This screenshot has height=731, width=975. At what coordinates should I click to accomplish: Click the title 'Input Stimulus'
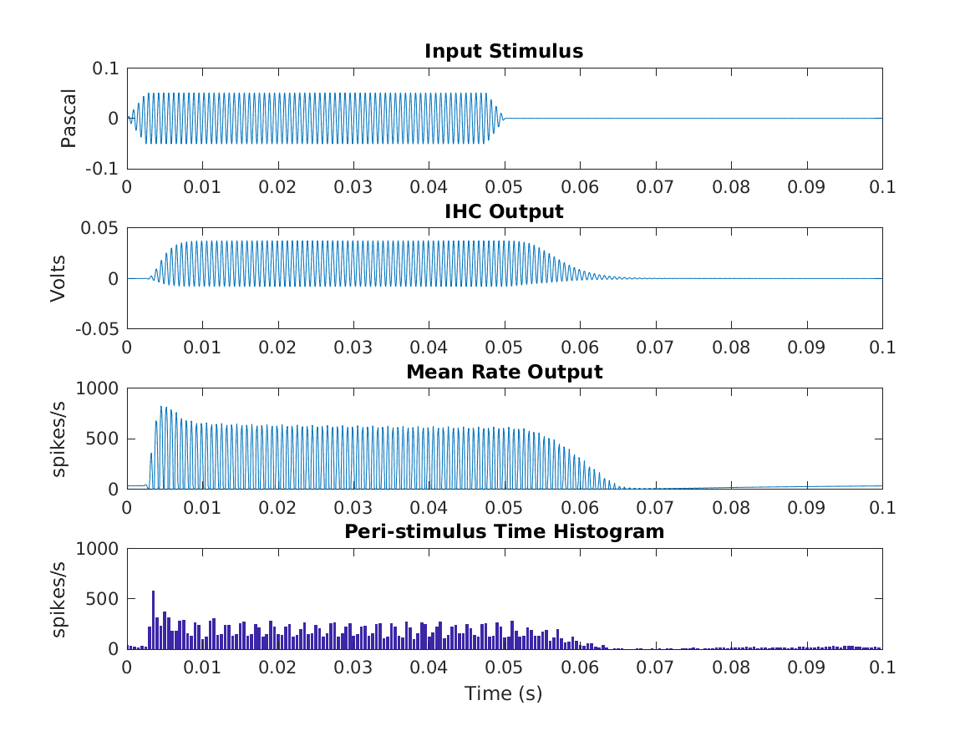pos(504,51)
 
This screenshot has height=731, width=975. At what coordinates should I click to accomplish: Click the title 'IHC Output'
pos(504,211)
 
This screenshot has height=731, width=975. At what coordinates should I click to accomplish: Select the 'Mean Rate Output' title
pos(504,372)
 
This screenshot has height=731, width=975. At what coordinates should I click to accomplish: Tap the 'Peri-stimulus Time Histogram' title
pos(504,531)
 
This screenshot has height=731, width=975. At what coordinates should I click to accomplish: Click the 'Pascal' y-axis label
pos(69,119)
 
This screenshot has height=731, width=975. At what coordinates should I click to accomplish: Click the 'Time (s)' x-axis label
pos(504,693)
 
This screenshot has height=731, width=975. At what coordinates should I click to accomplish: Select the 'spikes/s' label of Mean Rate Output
pos(60,439)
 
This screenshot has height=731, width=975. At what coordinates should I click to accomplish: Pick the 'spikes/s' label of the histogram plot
pos(60,599)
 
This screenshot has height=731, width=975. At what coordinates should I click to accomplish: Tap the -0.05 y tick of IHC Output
pos(95,329)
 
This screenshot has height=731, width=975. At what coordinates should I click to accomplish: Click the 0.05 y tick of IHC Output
pos(99,228)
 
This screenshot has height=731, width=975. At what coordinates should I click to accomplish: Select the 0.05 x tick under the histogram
pos(505,668)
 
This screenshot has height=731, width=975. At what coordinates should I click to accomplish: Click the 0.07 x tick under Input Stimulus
pos(656,187)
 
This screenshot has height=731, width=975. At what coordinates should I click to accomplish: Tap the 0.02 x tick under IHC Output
pos(278,348)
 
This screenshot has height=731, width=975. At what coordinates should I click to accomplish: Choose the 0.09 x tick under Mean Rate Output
pos(807,507)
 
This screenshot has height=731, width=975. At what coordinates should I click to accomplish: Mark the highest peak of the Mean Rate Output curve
pos(161,407)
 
